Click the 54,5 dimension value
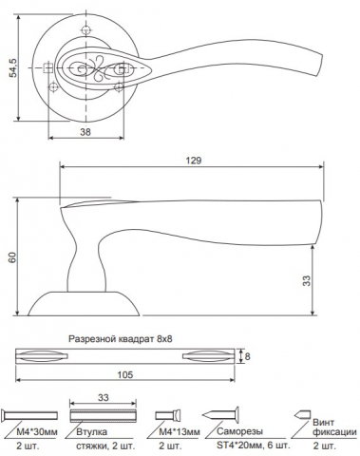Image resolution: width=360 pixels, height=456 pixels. (x=14, y=67)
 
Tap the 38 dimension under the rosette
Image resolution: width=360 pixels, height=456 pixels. (x=85, y=132)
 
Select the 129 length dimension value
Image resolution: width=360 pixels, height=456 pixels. (x=194, y=161)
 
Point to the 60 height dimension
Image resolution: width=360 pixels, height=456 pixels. (x=12, y=256)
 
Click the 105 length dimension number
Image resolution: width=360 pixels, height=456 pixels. (x=125, y=374)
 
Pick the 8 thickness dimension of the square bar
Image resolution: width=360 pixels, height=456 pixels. (x=247, y=356)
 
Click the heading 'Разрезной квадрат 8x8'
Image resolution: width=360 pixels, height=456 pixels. (x=121, y=339)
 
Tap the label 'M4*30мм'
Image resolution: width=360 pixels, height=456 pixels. (x=37, y=431)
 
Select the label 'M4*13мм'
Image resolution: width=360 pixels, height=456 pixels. (x=180, y=431)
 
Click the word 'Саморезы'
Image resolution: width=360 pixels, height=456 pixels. (x=240, y=431)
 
